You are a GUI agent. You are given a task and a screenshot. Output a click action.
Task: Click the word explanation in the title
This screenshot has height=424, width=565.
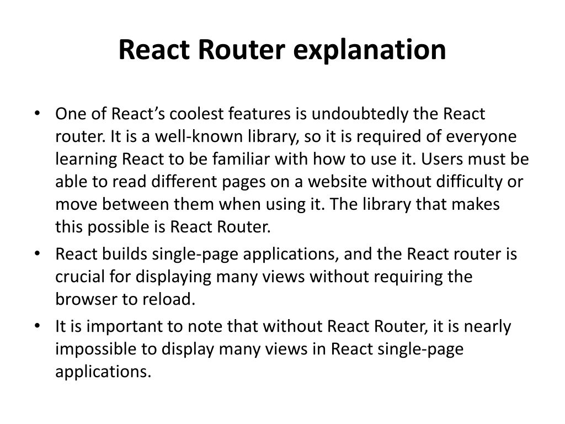pyautogui.click(x=370, y=50)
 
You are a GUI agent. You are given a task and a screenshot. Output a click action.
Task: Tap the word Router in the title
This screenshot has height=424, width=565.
pyautogui.click(x=242, y=50)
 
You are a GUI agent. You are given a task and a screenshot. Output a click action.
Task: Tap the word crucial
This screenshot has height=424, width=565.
pyautogui.click(x=81, y=277)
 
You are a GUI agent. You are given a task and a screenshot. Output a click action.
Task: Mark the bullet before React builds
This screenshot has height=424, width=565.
pyautogui.click(x=37, y=254)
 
